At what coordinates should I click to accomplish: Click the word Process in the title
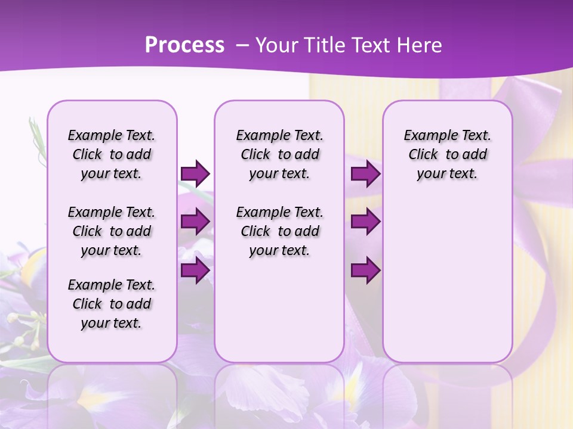[x=184, y=45]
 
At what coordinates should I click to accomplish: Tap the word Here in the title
[x=420, y=45]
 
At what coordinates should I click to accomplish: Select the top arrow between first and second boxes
[x=195, y=173]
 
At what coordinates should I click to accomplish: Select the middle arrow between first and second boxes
[x=195, y=222]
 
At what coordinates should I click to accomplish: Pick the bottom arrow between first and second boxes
[x=195, y=270]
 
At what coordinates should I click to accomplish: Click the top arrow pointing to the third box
[x=365, y=173]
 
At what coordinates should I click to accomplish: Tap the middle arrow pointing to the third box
[x=365, y=222]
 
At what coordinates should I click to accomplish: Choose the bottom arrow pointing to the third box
[x=365, y=270]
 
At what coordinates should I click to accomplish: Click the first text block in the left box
[x=112, y=154]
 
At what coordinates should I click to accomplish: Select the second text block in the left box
[x=112, y=231]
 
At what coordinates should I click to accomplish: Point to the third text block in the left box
[x=112, y=304]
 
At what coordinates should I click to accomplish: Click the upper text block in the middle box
[x=279, y=154]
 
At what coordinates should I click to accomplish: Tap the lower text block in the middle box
[x=279, y=231]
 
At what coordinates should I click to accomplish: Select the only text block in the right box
[x=448, y=154]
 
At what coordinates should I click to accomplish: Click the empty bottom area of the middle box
[x=279, y=316]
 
